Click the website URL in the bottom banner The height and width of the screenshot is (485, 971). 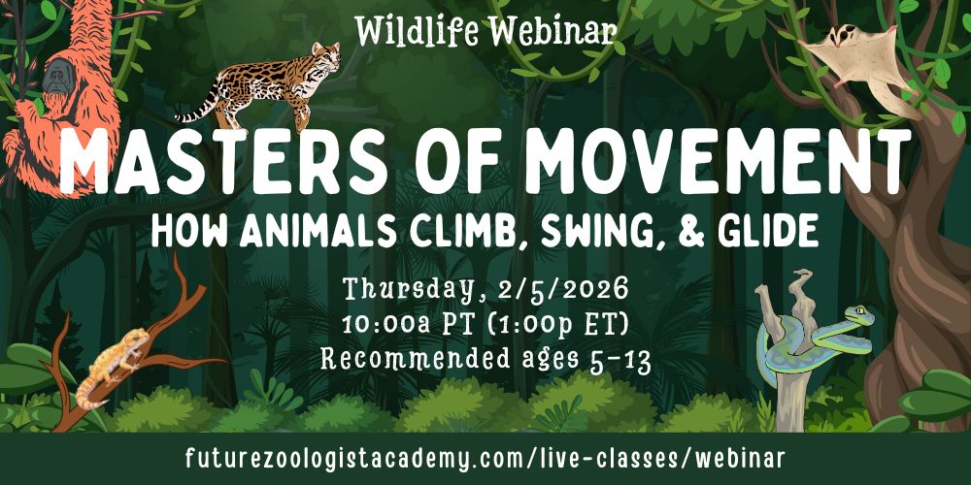point(485,459)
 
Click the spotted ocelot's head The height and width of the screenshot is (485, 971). point(325,55)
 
